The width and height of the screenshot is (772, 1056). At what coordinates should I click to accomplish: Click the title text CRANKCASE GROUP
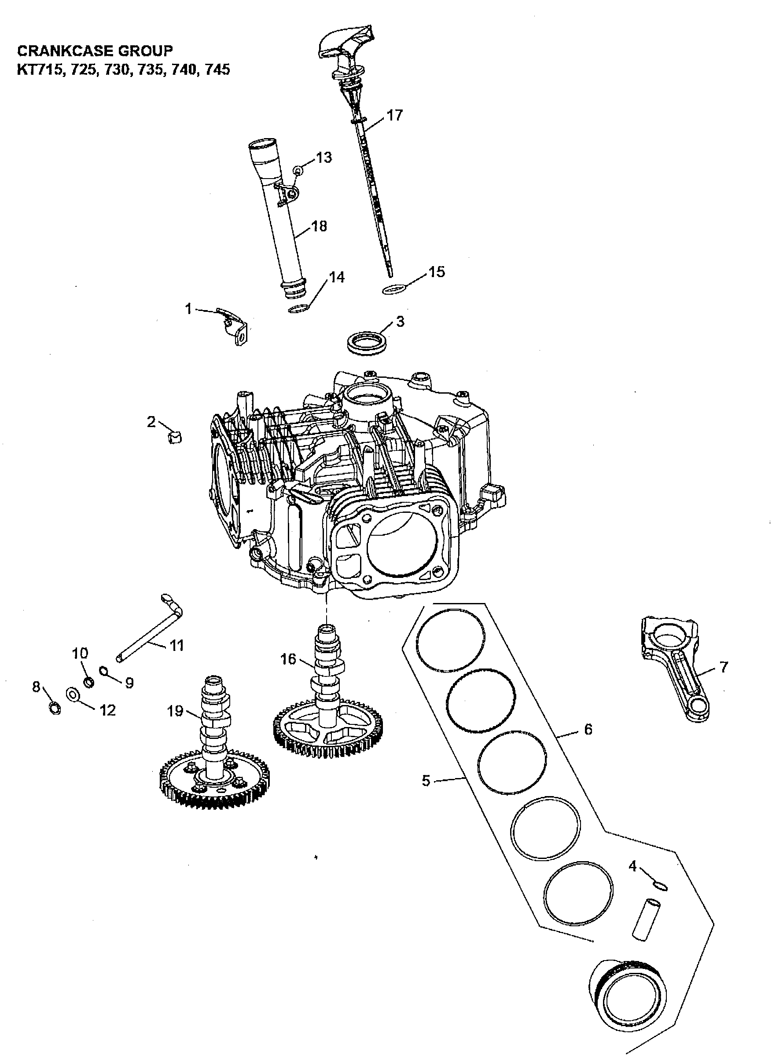pos(95,51)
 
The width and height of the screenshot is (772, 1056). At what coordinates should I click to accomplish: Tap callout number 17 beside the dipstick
pos(394,115)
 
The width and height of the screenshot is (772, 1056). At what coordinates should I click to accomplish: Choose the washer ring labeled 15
pos(394,290)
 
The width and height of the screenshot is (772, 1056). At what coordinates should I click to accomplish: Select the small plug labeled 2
pos(175,438)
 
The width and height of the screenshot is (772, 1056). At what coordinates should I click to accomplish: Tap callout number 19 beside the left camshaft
pos(176,712)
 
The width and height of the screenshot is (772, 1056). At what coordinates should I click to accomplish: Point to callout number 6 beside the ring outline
pos(588,729)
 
